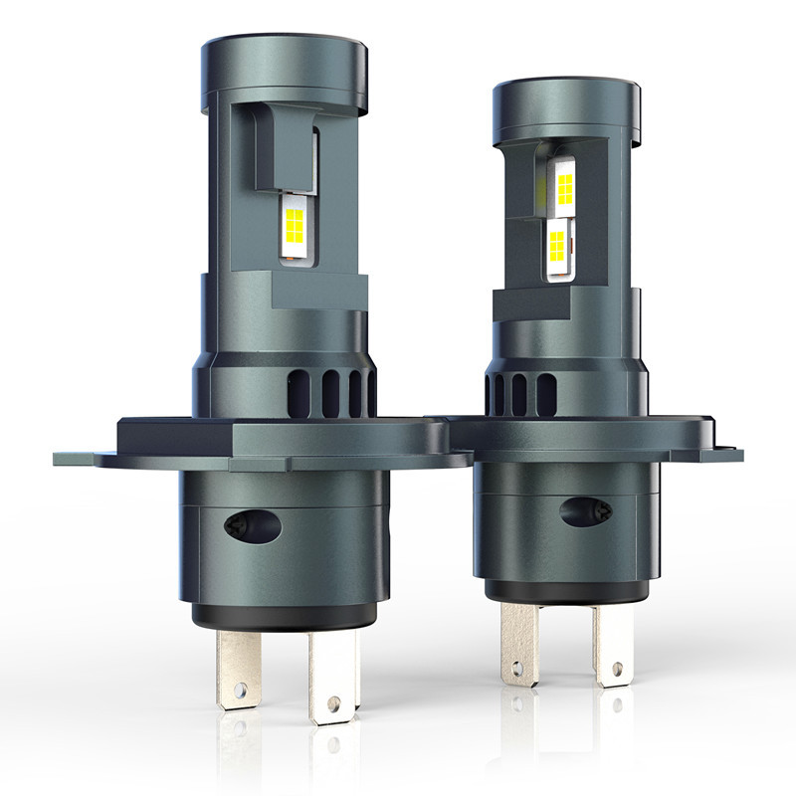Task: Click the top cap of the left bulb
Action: click(x=287, y=70)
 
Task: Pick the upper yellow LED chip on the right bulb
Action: click(x=564, y=186)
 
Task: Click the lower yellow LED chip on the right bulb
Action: click(x=557, y=242)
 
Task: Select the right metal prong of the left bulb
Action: click(x=332, y=677)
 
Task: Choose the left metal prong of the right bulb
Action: click(x=518, y=642)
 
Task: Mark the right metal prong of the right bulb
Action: click(x=610, y=647)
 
